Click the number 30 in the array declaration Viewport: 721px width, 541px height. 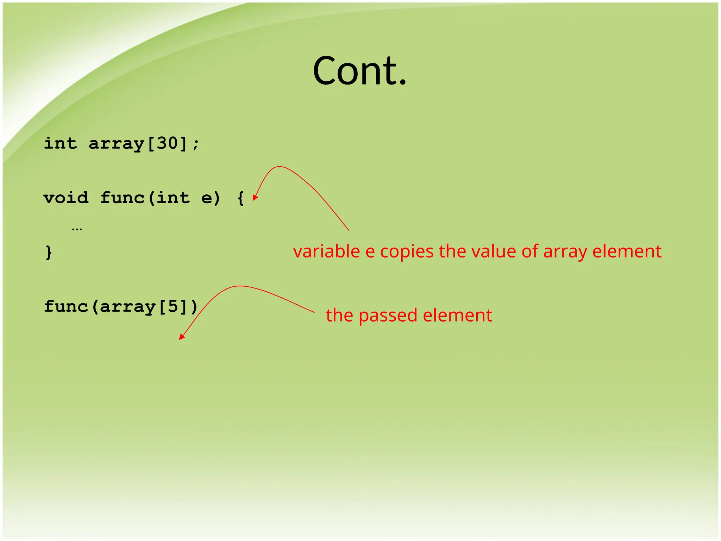[167, 143]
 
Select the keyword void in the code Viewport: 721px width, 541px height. [66, 198]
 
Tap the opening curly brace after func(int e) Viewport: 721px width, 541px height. [241, 198]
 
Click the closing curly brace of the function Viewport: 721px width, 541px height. [49, 253]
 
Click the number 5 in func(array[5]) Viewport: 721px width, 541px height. [173, 306]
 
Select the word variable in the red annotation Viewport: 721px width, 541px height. [326, 251]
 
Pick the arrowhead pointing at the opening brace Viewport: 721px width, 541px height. [255, 198]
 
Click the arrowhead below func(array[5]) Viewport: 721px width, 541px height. [181, 337]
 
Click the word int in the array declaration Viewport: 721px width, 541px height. [60, 143]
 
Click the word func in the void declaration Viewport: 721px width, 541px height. [122, 198]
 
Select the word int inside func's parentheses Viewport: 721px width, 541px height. [173, 198]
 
